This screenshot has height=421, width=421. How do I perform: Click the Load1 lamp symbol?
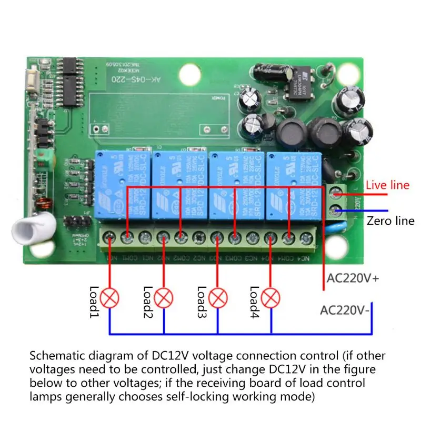(x=109, y=298)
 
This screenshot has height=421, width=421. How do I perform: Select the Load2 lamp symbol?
(x=164, y=298)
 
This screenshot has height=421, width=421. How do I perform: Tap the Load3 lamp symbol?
(x=217, y=298)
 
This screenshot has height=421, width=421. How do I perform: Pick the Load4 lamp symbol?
(x=271, y=298)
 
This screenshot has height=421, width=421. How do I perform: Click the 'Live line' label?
(x=387, y=185)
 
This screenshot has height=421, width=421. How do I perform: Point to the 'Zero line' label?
(x=390, y=221)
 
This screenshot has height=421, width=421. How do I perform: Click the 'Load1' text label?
(x=94, y=301)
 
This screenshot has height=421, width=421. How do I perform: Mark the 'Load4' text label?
(x=255, y=301)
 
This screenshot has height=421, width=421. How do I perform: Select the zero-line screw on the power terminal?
(x=335, y=212)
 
